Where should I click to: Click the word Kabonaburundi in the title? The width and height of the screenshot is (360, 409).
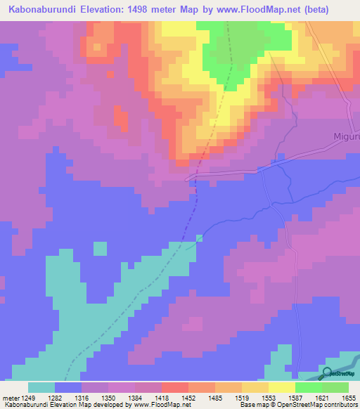click(42, 8)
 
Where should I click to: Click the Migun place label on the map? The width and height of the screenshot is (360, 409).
click(345, 136)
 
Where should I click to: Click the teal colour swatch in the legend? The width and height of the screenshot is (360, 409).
click(41, 387)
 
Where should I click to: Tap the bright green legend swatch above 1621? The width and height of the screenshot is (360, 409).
click(309, 387)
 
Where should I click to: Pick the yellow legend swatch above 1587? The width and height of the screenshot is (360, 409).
click(282, 387)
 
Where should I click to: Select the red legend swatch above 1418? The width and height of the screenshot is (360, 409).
click(175, 387)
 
